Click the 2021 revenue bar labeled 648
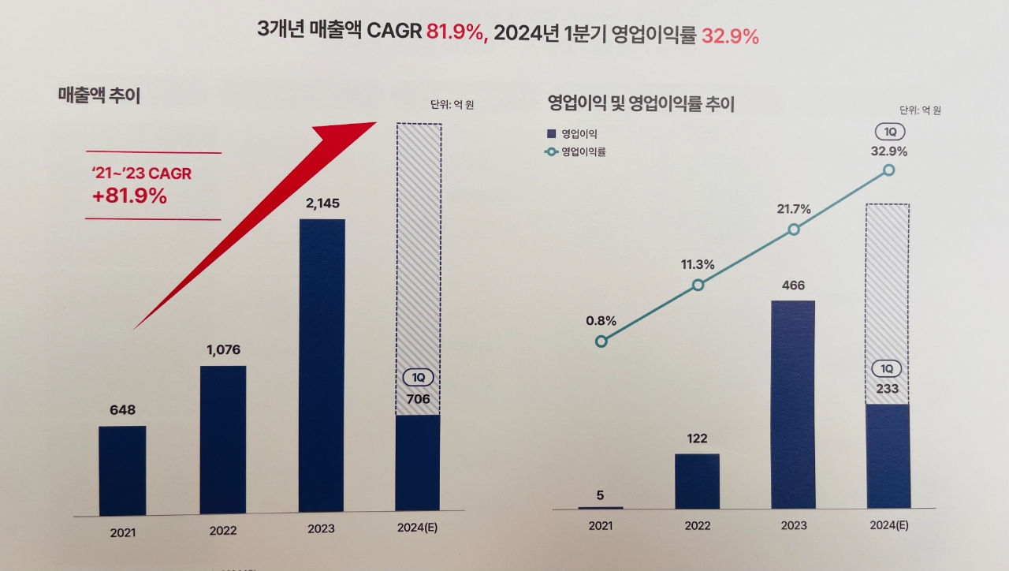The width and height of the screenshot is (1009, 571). click(x=122, y=470)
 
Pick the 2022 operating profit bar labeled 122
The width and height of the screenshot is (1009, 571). click(x=697, y=481)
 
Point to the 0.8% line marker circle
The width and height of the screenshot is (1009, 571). click(x=601, y=341)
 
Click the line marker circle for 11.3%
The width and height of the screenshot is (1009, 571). click(x=698, y=285)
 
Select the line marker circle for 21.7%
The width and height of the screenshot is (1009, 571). click(x=794, y=229)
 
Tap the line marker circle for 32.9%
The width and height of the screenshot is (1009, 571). click(x=889, y=170)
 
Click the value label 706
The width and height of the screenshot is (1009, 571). click(x=418, y=399)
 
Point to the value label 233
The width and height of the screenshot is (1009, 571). click(x=887, y=388)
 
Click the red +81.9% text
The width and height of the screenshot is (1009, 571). click(x=129, y=196)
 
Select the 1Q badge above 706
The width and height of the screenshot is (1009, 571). click(x=418, y=378)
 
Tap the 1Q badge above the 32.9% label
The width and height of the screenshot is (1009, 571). click(x=889, y=132)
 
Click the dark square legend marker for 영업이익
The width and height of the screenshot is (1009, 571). click(x=551, y=134)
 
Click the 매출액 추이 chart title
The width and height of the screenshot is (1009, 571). click(x=99, y=95)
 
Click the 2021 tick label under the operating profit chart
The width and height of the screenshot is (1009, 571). click(x=601, y=525)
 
